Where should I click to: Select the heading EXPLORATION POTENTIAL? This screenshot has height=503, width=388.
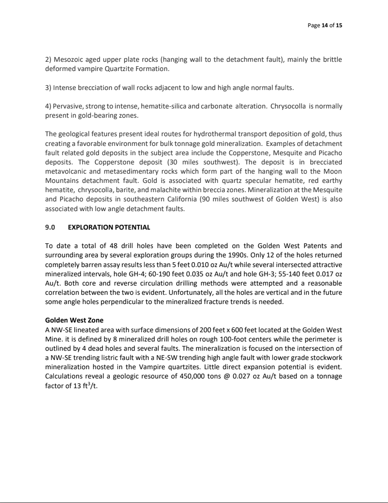coord(109,227)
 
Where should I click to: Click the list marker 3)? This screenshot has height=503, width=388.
coord(49,88)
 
